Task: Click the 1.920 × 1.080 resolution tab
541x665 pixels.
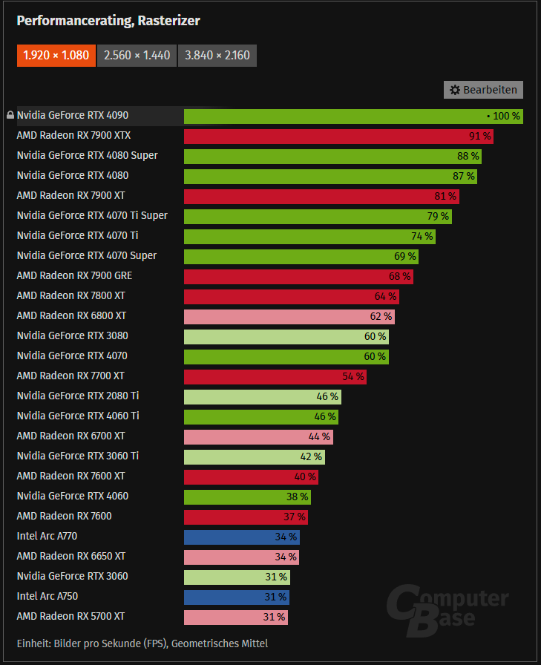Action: pyautogui.click(x=56, y=55)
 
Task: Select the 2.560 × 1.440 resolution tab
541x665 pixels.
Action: pyautogui.click(x=137, y=55)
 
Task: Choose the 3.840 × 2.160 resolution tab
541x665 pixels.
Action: pyautogui.click(x=217, y=55)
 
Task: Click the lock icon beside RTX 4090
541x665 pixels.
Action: pyautogui.click(x=10, y=116)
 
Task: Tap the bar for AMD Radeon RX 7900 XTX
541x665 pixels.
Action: pyautogui.click(x=338, y=136)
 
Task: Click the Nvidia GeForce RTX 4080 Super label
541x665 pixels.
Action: pyautogui.click(x=87, y=156)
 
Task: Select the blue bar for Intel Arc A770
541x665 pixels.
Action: pyautogui.click(x=241, y=537)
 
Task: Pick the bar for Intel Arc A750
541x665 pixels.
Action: pyautogui.click(x=236, y=597)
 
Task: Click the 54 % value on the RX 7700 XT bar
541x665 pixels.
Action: pyautogui.click(x=353, y=376)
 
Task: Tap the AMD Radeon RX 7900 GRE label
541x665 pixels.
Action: pyautogui.click(x=74, y=276)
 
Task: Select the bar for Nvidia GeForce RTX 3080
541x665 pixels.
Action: pyautogui.click(x=286, y=336)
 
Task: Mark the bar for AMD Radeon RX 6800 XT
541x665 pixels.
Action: pyautogui.click(x=289, y=316)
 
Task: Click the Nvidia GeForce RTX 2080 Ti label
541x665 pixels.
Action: pyautogui.click(x=77, y=396)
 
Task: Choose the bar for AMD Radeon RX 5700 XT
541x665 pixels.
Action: pyautogui.click(x=235, y=617)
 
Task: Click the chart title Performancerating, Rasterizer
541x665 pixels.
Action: pyautogui.click(x=108, y=21)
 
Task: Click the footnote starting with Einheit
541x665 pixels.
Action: pyautogui.click(x=142, y=643)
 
